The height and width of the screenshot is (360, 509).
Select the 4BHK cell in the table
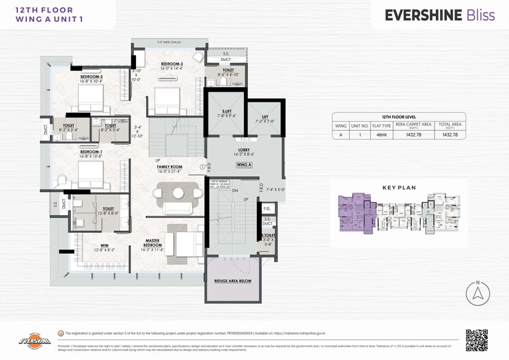[381, 135]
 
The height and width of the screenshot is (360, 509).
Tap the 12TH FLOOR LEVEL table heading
[400, 117]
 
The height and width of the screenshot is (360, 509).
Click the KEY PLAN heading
[398, 186]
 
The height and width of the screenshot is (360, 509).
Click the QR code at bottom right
[477, 340]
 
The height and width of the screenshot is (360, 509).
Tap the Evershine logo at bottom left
[31, 340]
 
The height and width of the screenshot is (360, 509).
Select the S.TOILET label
[268, 236]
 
